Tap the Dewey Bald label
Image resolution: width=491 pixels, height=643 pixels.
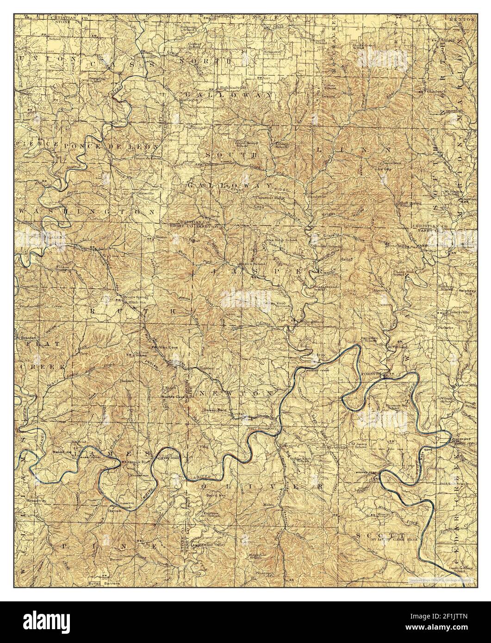[x=213, y=410]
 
